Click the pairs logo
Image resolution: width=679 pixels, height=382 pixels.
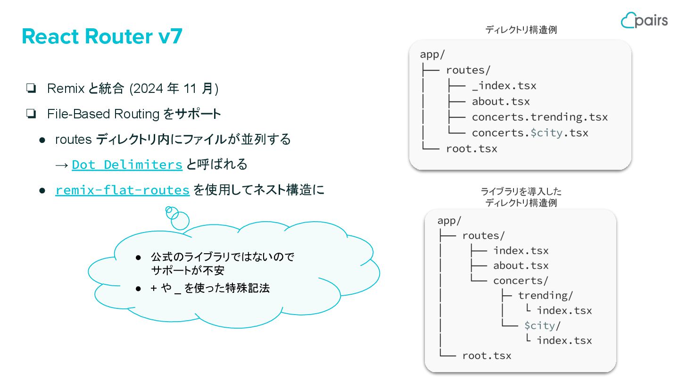[644, 20]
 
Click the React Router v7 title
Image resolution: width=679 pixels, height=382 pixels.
[102, 37]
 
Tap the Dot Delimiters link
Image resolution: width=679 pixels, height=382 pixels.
[127, 165]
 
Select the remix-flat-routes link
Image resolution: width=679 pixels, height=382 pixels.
[122, 190]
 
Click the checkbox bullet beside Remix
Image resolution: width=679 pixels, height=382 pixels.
[32, 89]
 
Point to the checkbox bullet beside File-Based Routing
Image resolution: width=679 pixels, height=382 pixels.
[32, 114]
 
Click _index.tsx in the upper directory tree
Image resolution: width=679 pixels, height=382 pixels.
[504, 86]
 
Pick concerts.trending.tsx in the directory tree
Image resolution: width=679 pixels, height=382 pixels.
[539, 117]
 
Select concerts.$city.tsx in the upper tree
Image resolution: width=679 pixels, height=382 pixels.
[530, 133]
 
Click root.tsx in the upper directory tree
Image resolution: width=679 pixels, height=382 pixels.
[472, 149]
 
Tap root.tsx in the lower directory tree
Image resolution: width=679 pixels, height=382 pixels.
[487, 356]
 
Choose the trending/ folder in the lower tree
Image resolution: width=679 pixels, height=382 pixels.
[546, 296]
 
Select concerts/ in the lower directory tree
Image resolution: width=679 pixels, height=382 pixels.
[521, 281]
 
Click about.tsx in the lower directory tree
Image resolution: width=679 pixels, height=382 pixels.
[521, 266]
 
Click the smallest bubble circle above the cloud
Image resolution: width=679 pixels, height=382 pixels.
[169, 209]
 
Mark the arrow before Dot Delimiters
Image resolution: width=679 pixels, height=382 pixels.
[61, 165]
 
